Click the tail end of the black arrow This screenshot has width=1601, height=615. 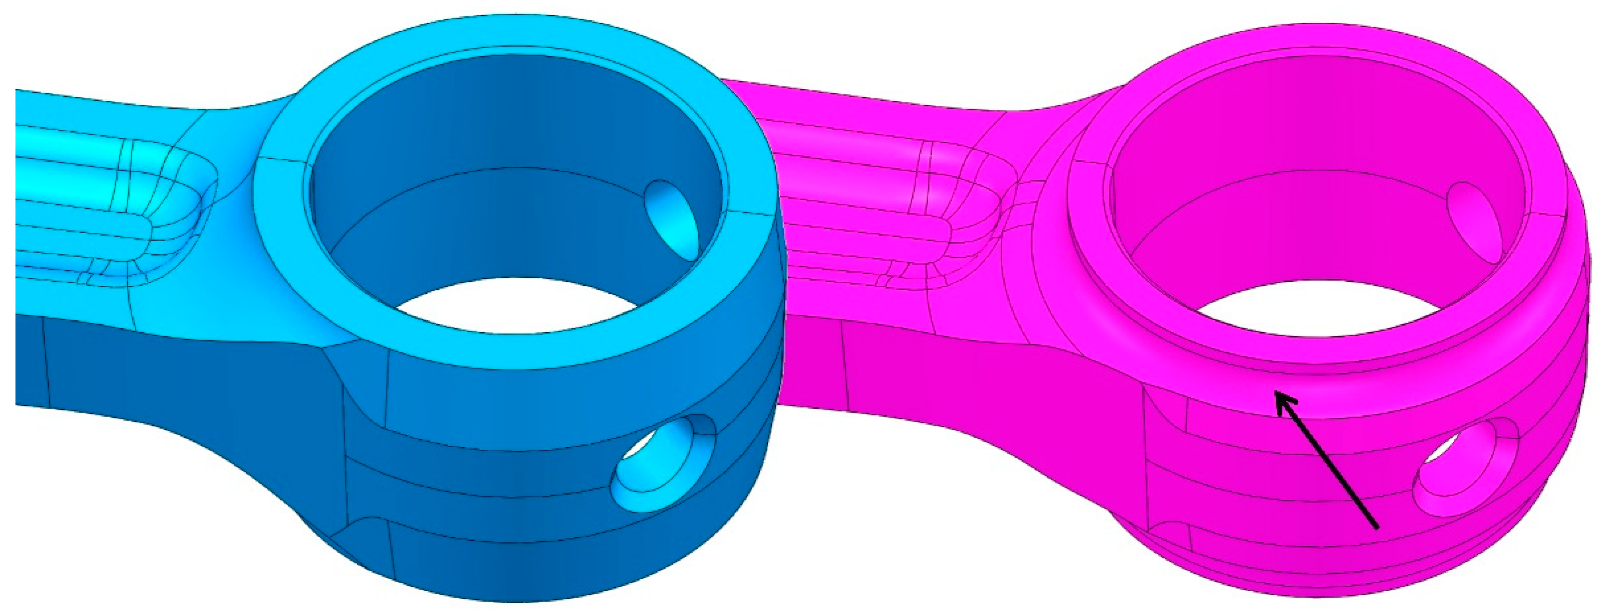(1377, 528)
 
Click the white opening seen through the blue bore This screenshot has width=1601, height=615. (516, 307)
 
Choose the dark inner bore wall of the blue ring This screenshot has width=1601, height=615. (497, 124)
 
